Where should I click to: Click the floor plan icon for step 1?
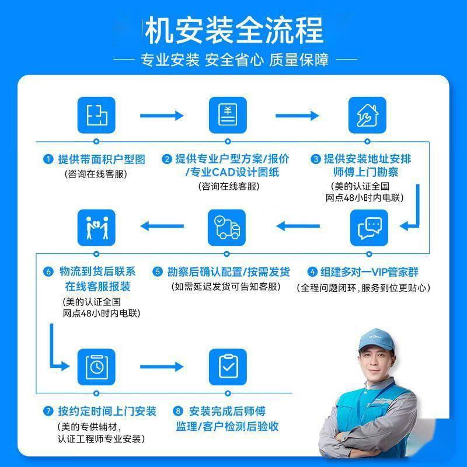point(96,114)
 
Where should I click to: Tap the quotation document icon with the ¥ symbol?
point(228,114)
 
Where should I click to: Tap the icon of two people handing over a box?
point(96,228)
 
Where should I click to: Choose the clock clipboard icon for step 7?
point(96,365)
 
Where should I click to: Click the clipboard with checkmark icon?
point(228,365)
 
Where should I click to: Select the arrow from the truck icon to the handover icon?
point(164,226)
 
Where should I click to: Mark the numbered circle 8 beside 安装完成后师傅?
point(179,412)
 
